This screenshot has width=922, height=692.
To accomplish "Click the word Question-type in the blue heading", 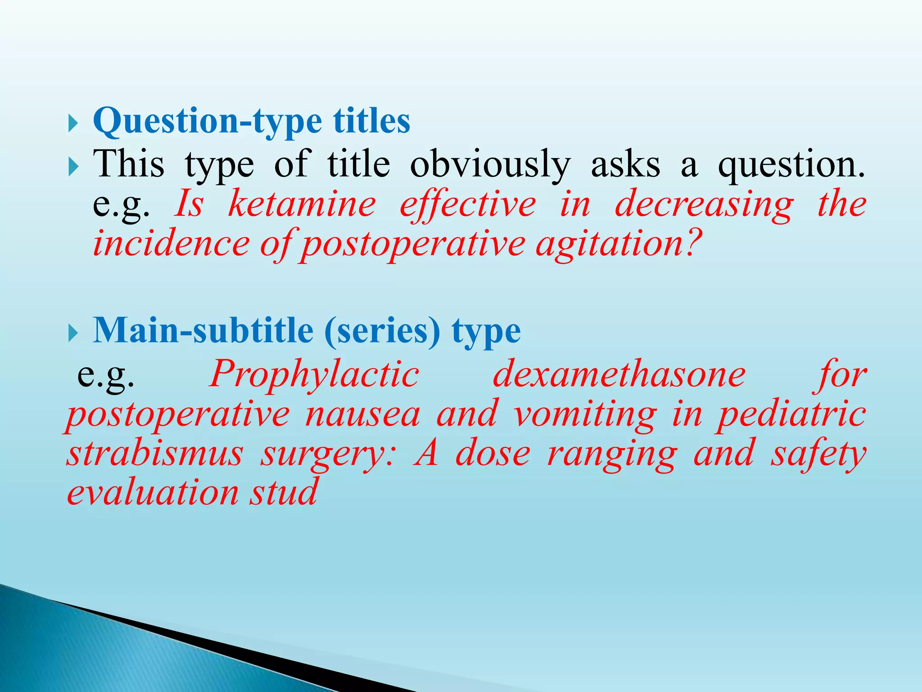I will pyautogui.click(x=207, y=122).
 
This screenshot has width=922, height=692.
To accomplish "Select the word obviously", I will pyautogui.click(x=490, y=165).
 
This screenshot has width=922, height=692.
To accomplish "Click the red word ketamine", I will pyautogui.click(x=302, y=204).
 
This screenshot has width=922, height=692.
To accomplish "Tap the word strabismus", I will pyautogui.click(x=154, y=454).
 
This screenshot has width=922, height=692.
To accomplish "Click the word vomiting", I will pyautogui.click(x=584, y=414).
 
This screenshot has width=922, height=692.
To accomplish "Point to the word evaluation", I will pyautogui.click(x=152, y=492).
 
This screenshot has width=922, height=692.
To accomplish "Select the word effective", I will pyautogui.click(x=468, y=204).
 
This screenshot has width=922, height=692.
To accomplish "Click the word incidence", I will pyautogui.click(x=171, y=243).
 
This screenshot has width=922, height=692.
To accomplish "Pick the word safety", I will pyautogui.click(x=818, y=454).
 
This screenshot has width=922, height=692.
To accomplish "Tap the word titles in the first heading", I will pyautogui.click(x=371, y=122).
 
